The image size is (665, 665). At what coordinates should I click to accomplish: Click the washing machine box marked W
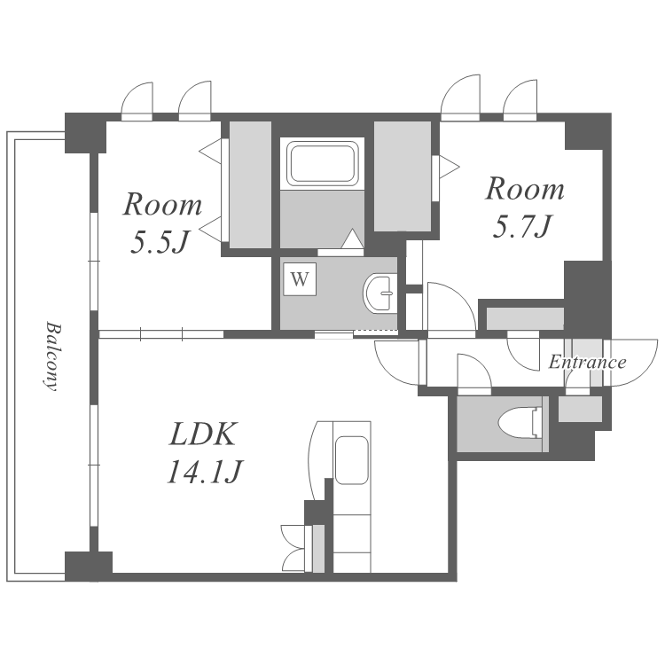pos(300,279)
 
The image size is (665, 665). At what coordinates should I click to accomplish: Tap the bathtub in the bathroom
pos(323,163)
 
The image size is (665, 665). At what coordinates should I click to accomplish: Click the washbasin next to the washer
pos(380,293)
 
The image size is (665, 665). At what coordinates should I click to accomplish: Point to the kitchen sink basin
pos(351,460)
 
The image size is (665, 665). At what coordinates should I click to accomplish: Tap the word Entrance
pos(587,362)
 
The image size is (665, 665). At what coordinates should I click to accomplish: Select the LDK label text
pos(202,434)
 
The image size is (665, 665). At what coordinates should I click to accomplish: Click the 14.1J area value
pos(204,472)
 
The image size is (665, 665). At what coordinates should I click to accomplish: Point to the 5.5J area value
pos(159,243)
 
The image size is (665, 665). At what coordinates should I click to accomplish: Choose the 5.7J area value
pos(522,226)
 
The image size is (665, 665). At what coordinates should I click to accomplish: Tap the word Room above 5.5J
pos(162,205)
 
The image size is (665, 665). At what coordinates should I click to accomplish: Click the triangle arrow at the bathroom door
pos(352,239)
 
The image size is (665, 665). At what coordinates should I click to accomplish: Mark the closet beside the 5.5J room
pos(250,185)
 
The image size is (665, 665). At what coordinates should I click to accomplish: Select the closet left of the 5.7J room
pos(402,176)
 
